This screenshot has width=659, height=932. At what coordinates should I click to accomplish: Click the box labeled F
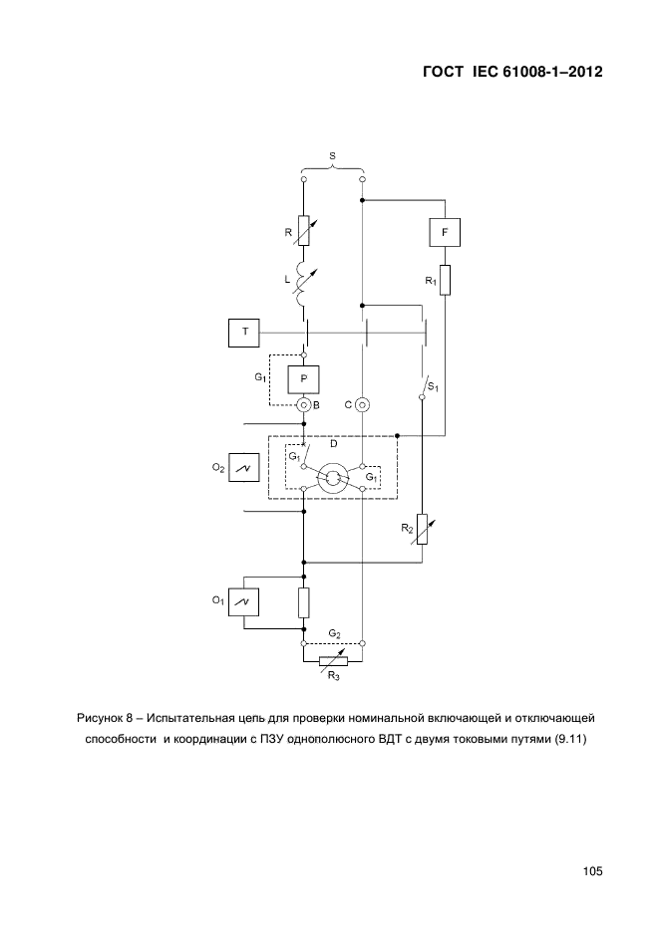pos(445,232)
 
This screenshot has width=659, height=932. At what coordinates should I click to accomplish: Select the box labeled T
pos(244,333)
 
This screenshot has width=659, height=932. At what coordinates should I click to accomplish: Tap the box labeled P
pos(304,379)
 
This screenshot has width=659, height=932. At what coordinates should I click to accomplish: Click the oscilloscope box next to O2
pos(244,468)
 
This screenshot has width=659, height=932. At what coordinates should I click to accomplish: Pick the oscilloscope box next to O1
pos(244,602)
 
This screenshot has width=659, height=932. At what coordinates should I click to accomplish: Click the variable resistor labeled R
pos(304,231)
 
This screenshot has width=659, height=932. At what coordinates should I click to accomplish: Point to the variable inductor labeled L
pos(304,284)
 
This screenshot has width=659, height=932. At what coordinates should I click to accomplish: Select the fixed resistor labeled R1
pos(445,280)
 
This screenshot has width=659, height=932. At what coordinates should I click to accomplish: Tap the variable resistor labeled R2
pos(422,529)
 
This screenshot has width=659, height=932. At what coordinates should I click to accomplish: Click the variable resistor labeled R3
pos(333,661)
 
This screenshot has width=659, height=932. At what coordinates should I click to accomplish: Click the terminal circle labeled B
pos(304,405)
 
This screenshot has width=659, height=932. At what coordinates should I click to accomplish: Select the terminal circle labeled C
pos(363,405)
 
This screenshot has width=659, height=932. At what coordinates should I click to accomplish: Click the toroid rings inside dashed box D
pos(333,477)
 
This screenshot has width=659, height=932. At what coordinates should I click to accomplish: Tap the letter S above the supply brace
pos(332,155)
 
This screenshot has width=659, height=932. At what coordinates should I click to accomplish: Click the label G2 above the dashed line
pos(335,634)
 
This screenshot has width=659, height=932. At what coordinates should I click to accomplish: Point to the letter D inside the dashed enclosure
pos(333,443)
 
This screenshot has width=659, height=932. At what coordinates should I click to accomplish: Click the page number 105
pos(593,871)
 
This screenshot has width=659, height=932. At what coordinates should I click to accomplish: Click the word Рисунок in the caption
pos(99,718)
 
